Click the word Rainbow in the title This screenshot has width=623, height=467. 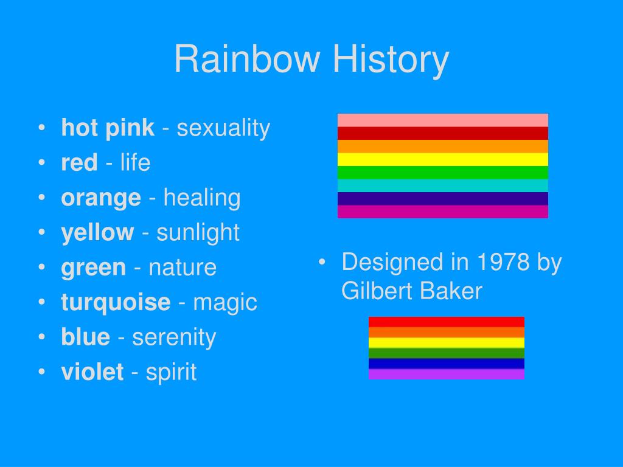pos(247,59)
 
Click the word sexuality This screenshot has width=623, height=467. pos(223,129)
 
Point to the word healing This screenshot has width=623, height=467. pos(202,198)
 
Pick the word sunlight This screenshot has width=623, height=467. pos(198,233)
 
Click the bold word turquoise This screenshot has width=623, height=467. pos(116,303)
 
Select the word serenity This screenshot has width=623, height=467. pos(174,338)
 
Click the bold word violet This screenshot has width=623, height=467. pos(92,372)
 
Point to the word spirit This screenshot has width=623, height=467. pos(171,373)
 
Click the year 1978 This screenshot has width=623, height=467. pos(503,263)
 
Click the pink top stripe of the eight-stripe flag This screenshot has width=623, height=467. pos(443,120)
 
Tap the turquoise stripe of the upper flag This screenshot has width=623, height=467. pos(443,185)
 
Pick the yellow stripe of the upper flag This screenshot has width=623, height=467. pos(443,159)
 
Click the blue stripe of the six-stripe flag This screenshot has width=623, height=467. pos(446,364)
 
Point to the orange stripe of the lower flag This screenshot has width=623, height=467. pos(446,333)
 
